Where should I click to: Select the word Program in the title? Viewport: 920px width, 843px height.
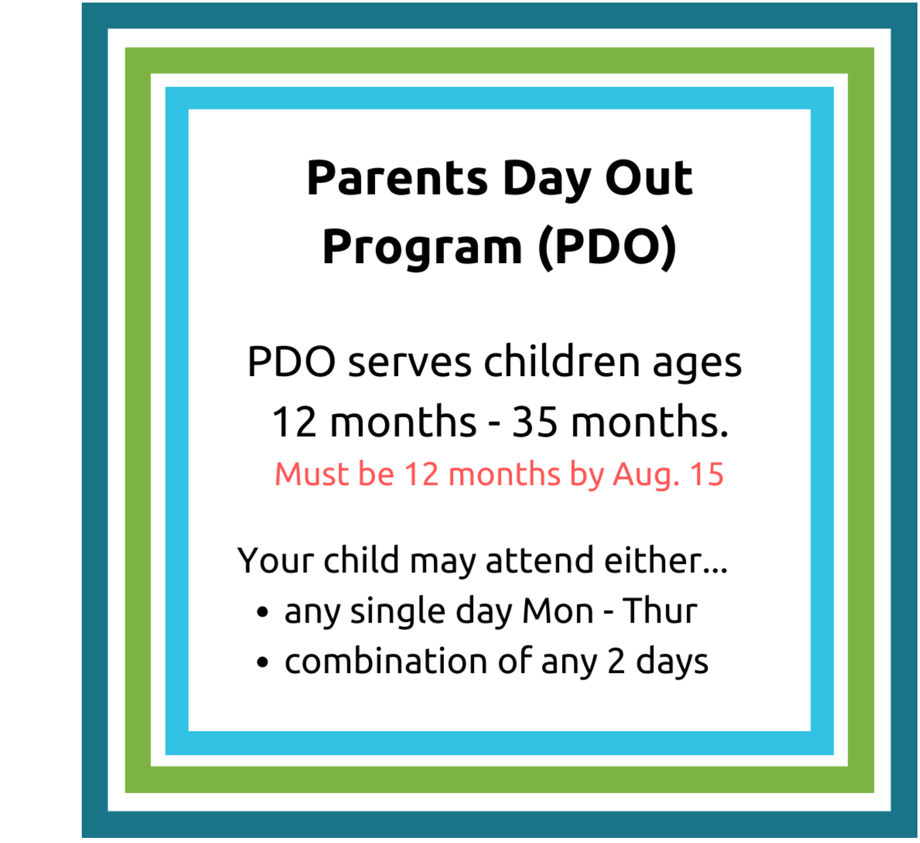click(422, 248)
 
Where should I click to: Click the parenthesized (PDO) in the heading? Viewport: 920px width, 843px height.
click(607, 248)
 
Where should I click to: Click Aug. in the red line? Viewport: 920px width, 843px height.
click(646, 475)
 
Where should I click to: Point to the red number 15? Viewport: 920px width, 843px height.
click(707, 474)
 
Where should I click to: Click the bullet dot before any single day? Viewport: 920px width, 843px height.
click(263, 612)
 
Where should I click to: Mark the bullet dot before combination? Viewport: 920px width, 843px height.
click(263, 663)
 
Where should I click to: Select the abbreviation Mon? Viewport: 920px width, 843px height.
click(558, 611)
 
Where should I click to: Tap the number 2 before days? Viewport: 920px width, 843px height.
click(616, 661)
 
